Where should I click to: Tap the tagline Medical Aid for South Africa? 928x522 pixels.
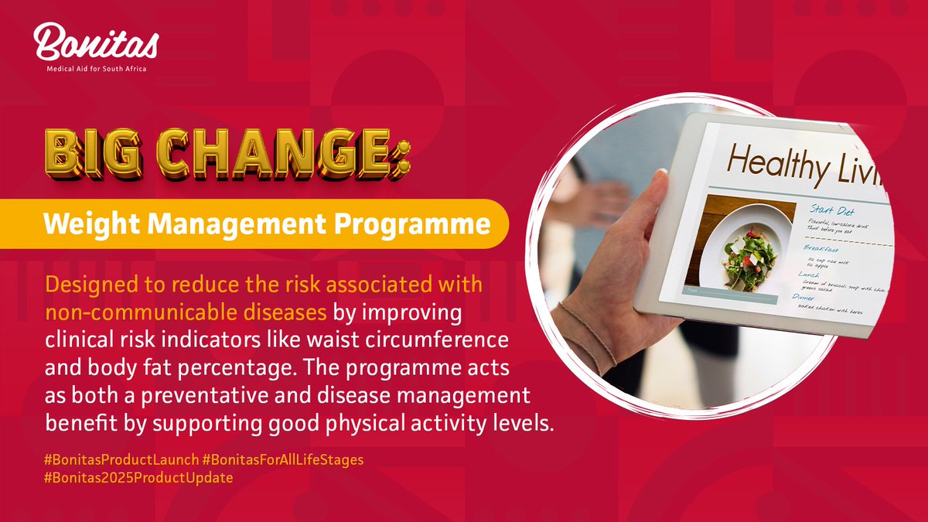pyautogui.click(x=96, y=68)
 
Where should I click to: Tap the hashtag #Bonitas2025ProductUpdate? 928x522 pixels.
pyautogui.click(x=139, y=478)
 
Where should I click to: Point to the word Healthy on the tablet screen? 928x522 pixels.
pyautogui.click(x=781, y=162)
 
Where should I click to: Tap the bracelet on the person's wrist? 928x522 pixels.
pyautogui.click(x=592, y=333)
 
